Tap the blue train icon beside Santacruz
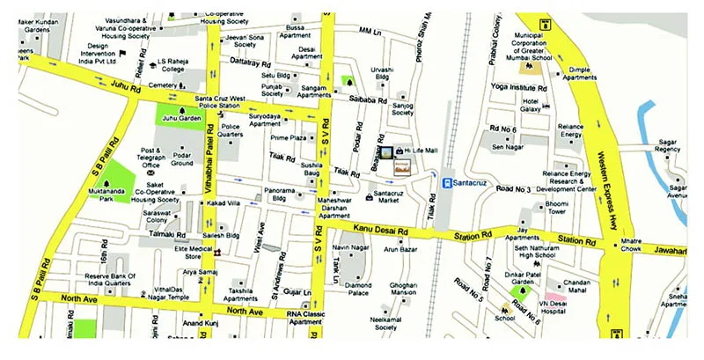pos(447,183)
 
